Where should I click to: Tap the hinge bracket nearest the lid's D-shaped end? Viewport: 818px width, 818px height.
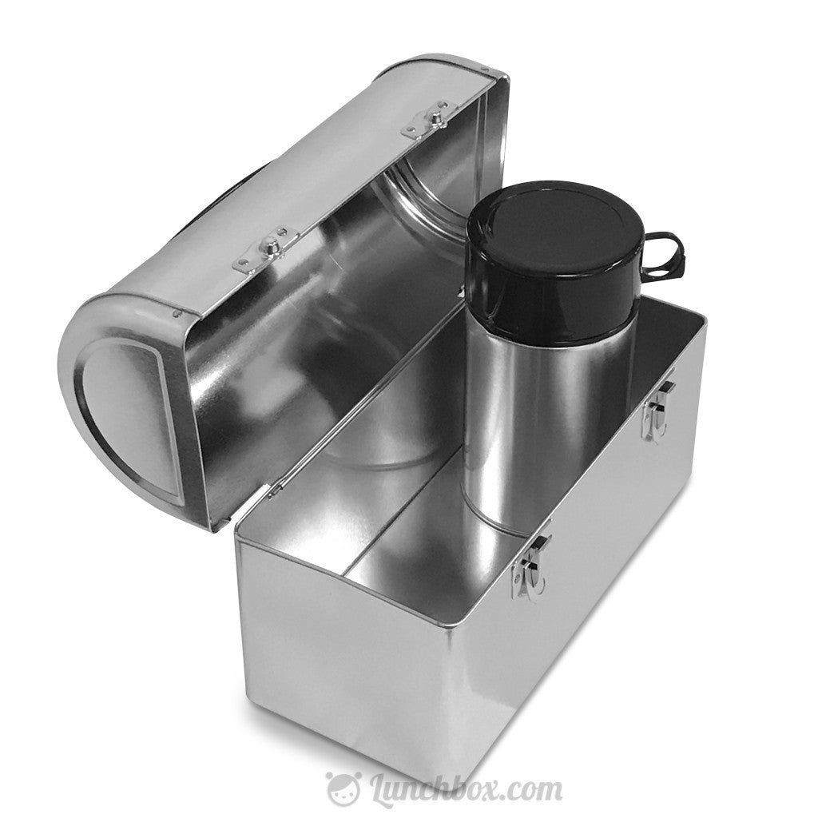tap(264, 249)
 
